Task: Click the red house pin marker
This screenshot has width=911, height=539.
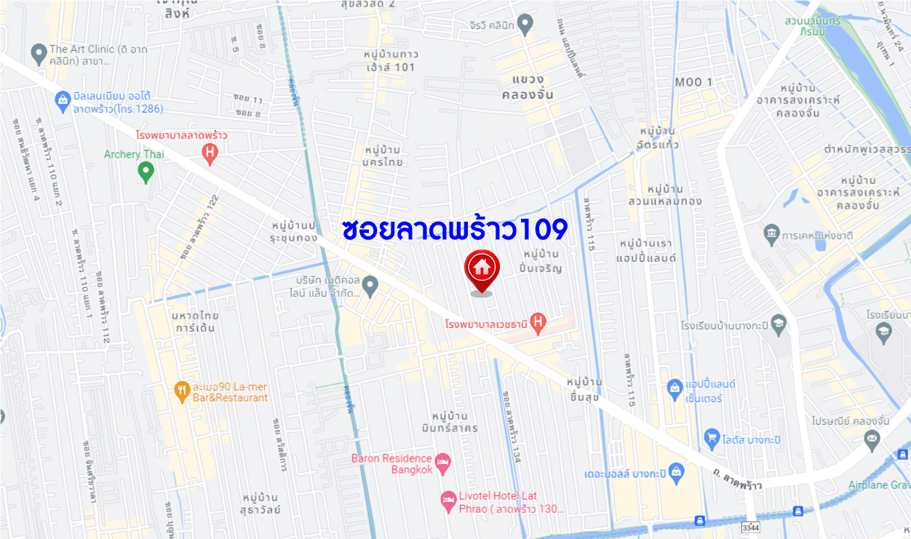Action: pyautogui.click(x=480, y=268)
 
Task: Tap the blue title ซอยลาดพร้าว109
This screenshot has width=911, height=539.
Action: pyautogui.click(x=454, y=229)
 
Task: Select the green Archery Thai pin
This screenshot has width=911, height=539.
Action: pyautogui.click(x=146, y=172)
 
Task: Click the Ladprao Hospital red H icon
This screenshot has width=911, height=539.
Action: pyautogui.click(x=210, y=153)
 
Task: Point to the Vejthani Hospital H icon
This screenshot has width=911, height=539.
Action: pyautogui.click(x=538, y=321)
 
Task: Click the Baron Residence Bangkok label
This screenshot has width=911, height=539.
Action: pyautogui.click(x=392, y=463)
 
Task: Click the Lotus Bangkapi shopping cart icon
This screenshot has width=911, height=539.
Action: pyautogui.click(x=712, y=439)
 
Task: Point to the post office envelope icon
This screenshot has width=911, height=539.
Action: pyautogui.click(x=872, y=438)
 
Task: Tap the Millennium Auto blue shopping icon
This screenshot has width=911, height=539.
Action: pyautogui.click(x=63, y=98)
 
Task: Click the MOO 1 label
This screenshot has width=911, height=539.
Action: pyautogui.click(x=693, y=82)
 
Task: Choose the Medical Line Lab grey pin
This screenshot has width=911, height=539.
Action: pyautogui.click(x=370, y=286)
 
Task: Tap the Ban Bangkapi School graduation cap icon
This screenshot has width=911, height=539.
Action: pyautogui.click(x=778, y=324)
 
